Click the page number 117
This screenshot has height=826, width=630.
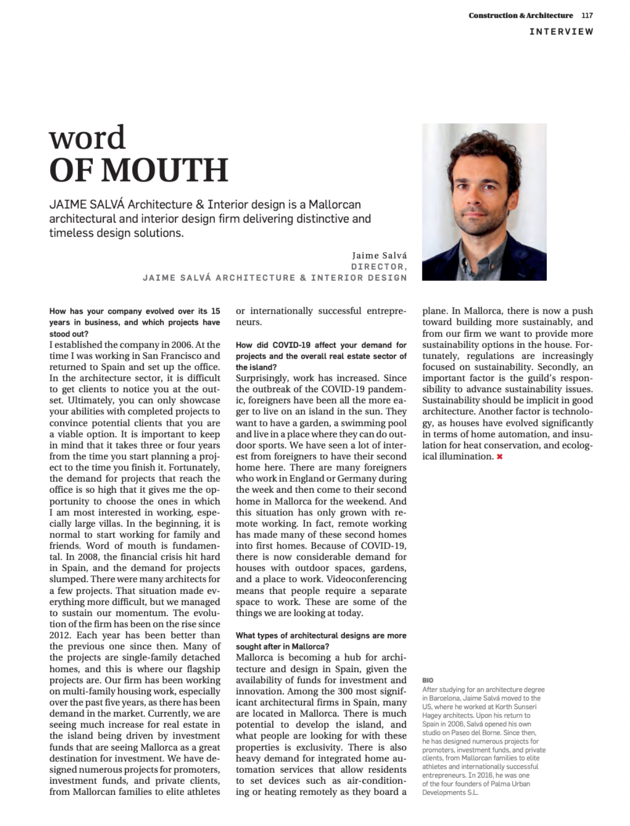pyautogui.click(x=587, y=16)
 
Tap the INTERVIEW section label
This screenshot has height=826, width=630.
pyautogui.click(x=561, y=32)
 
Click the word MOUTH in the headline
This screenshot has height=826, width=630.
pyautogui.click(x=164, y=170)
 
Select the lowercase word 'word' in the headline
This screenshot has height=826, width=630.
pyautogui.click(x=87, y=138)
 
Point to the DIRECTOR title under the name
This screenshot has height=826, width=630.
pyautogui.click(x=379, y=266)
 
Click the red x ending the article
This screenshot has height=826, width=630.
pyautogui.click(x=499, y=456)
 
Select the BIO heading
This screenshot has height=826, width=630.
pyautogui.click(x=428, y=680)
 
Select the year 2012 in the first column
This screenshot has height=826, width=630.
pyautogui.click(x=60, y=635)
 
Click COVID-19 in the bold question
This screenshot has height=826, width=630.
pyautogui.click(x=291, y=345)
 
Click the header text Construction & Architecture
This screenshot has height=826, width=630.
pyautogui.click(x=520, y=16)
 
